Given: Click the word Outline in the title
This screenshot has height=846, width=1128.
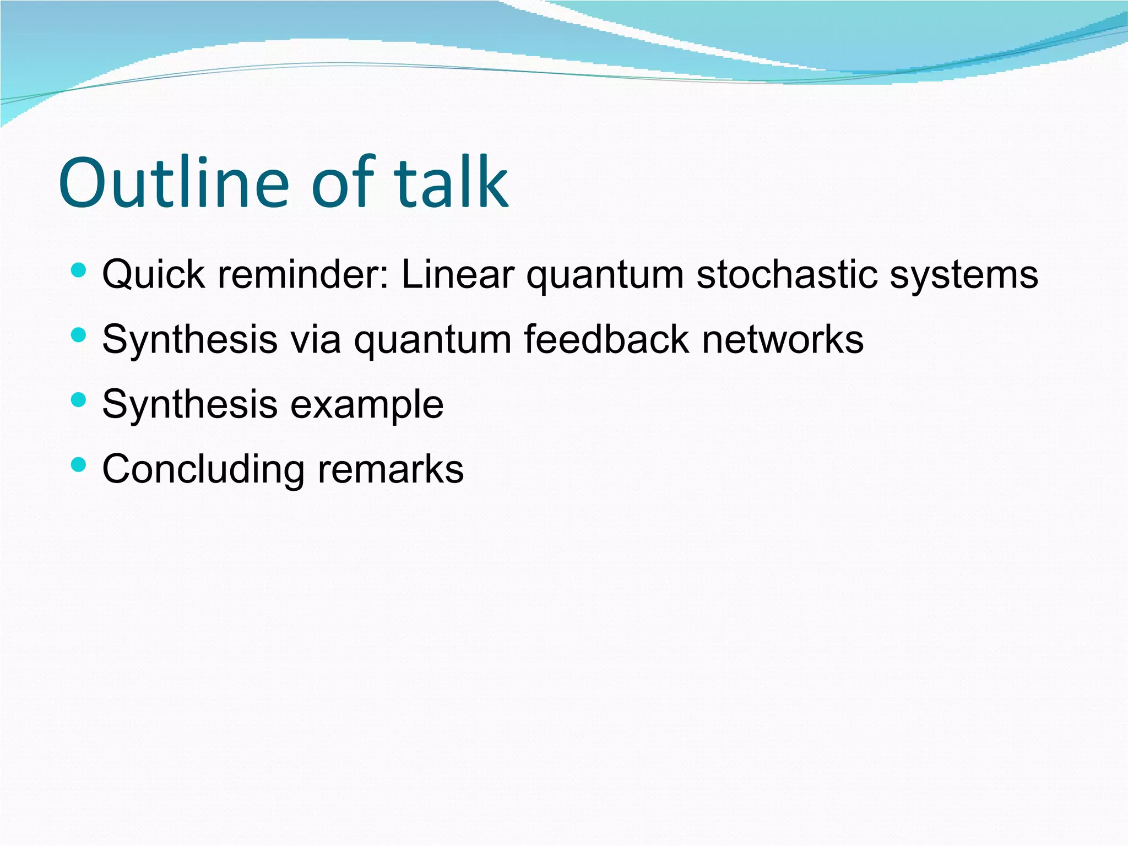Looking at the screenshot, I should click(173, 183).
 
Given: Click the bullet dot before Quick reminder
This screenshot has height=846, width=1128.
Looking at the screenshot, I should click(79, 270).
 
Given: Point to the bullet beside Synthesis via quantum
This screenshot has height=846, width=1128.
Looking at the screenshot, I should click(79, 335).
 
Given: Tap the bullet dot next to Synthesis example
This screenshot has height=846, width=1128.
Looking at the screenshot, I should click(79, 400).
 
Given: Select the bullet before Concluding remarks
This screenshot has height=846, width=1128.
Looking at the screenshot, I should click(79, 465).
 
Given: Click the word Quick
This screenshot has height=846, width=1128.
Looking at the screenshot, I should click(154, 274).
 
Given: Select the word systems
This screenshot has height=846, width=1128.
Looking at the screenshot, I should click(964, 274).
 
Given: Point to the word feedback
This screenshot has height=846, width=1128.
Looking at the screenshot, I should click(606, 339).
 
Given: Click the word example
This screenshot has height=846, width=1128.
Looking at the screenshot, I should click(367, 405).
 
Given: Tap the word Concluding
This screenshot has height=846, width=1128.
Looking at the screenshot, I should click(203, 470).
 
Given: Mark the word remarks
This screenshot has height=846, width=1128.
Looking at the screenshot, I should click(391, 470).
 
